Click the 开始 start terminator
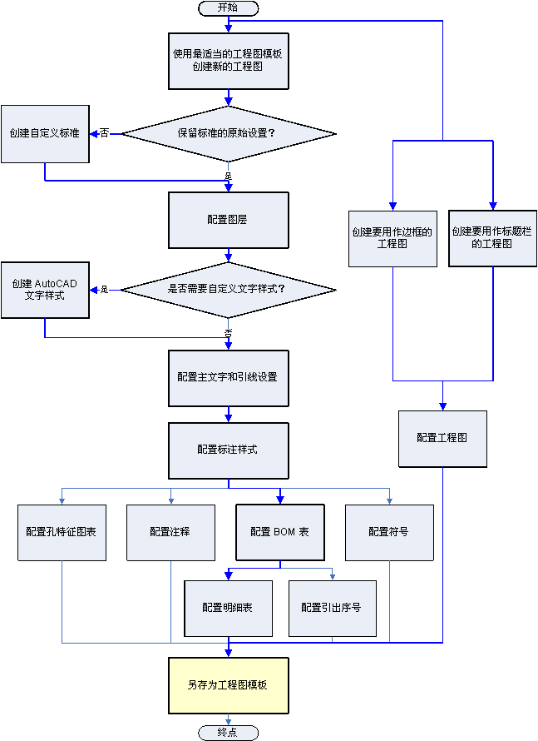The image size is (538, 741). click(x=228, y=7)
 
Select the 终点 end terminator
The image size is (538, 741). click(x=228, y=732)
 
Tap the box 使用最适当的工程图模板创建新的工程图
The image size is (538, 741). click(x=228, y=60)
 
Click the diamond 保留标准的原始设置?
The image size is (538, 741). click(x=228, y=133)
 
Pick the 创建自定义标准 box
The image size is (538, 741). click(x=45, y=133)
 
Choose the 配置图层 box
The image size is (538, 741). click(x=228, y=221)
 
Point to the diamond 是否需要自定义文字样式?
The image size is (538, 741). click(x=228, y=290)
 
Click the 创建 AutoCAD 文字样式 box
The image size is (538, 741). click(x=45, y=290)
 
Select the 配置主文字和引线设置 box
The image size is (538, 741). click(x=228, y=377)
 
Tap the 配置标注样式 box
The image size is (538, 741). click(x=228, y=450)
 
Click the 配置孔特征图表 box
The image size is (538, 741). click(x=62, y=532)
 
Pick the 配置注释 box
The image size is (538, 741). click(x=170, y=532)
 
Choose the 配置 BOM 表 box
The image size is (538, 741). click(x=279, y=532)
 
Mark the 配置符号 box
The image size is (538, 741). click(x=389, y=532)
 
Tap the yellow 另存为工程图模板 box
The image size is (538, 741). click(x=228, y=686)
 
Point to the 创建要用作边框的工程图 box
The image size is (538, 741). click(x=392, y=238)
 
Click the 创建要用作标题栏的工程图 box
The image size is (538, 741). click(x=493, y=238)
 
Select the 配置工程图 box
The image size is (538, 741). click(x=442, y=439)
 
